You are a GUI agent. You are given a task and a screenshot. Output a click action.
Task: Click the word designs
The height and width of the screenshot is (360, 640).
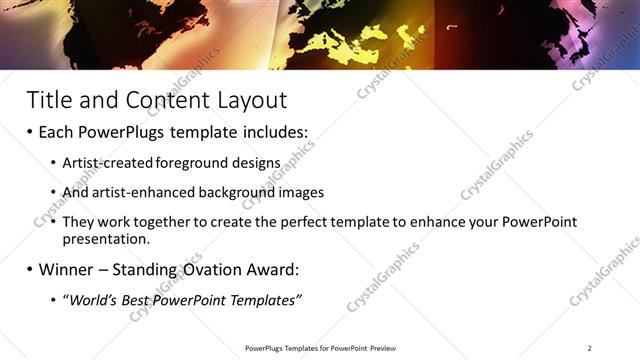coord(245,162)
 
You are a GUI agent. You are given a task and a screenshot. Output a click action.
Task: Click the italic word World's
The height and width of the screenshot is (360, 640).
coord(90,301)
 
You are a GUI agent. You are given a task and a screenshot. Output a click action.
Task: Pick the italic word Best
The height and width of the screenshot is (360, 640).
coord(132,301)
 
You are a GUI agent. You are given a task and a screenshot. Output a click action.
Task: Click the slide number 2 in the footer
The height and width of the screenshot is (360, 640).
coord(590,348)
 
